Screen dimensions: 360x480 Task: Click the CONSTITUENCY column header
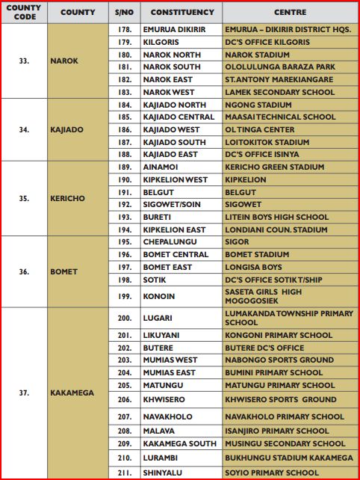coord(182,13)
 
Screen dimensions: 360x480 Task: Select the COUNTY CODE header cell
coord(24,13)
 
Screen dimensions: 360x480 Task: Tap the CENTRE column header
coord(290,13)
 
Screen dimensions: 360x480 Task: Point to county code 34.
coord(24,129)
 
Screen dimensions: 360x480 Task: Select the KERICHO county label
coord(68,199)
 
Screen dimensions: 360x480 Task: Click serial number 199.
coord(125,296)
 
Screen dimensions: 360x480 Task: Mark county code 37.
coord(24,393)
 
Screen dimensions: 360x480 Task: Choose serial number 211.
coord(125,473)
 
